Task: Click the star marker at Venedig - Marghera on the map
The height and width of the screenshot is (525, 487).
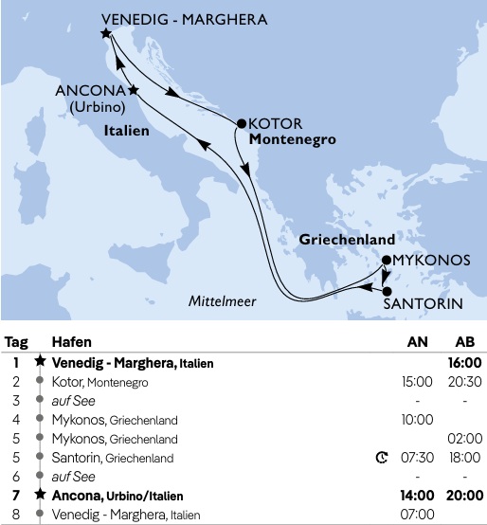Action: pos(105,33)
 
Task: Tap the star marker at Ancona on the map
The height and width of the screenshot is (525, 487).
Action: pos(134,90)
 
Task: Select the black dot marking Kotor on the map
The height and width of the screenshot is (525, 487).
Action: pos(241,122)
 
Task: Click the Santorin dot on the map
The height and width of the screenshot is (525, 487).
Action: pos(387,289)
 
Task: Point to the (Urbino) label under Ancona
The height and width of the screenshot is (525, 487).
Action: pos(92,107)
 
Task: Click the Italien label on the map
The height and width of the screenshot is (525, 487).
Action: pos(127,131)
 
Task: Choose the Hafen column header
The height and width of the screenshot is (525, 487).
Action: pos(71,342)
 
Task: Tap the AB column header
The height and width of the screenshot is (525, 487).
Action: pos(465,342)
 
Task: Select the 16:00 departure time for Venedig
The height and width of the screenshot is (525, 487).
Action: pos(465,362)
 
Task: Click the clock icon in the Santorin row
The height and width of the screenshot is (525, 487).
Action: pos(382,458)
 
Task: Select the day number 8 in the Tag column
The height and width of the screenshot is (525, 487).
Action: pos(16,515)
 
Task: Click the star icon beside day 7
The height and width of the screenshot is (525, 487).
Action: pos(39,496)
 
